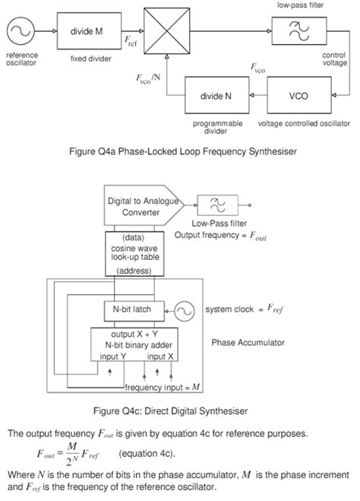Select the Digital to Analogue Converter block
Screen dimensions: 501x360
[x=141, y=205]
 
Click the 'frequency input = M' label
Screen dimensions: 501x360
[x=161, y=388]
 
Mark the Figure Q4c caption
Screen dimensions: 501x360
[x=179, y=411]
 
